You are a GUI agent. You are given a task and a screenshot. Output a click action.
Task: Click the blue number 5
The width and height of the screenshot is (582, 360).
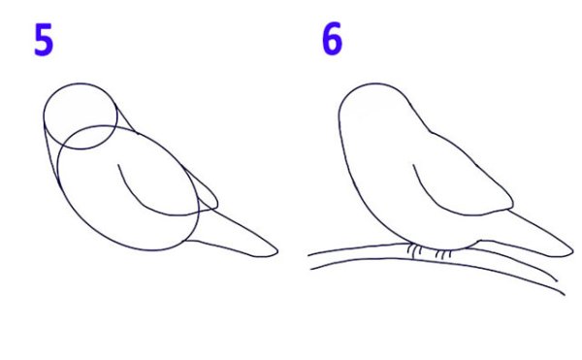click(44, 40)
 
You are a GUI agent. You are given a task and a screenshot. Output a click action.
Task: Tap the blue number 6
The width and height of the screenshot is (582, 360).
click(332, 39)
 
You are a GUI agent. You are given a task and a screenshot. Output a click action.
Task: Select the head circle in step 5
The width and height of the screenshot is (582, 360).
click(44, 115)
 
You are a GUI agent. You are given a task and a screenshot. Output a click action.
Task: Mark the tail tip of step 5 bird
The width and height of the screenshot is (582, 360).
click(277, 251)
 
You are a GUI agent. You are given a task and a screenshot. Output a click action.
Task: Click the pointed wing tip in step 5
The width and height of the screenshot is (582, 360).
click(217, 204)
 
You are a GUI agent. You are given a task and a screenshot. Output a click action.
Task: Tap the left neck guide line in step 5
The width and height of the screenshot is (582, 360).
click(49, 156)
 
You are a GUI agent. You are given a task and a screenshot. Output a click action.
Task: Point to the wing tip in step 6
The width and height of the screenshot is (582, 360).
click(513, 204)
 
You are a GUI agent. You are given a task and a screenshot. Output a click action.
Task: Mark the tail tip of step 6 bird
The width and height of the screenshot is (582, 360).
click(573, 251)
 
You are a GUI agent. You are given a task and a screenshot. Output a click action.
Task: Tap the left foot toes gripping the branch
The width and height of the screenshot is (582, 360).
click(414, 250)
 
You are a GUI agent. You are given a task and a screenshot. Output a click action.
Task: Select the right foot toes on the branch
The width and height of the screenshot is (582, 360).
click(443, 254)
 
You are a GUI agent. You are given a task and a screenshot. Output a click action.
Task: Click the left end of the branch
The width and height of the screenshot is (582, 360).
click(309, 262)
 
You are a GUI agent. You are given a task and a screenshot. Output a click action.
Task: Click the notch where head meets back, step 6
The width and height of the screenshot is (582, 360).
click(432, 132)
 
